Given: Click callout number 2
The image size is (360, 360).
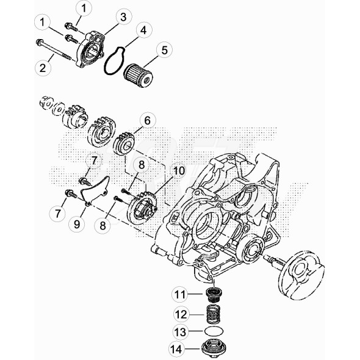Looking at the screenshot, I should [x=43, y=67].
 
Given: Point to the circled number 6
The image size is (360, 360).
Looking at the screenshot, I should [x=146, y=120].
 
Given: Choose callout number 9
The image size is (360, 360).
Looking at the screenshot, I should [x=77, y=225].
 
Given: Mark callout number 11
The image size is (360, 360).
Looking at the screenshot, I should [x=179, y=295].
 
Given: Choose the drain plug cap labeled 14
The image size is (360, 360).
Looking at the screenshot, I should [x=211, y=351].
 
